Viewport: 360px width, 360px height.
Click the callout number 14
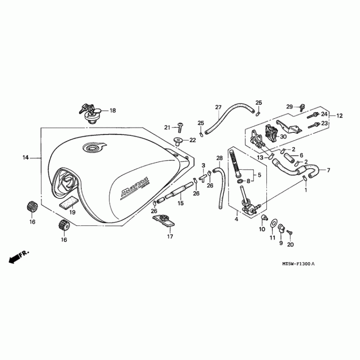click(26, 157)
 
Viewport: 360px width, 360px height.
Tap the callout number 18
click(112, 110)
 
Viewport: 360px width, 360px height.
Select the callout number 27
click(218, 107)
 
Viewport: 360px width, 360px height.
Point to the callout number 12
click(339, 116)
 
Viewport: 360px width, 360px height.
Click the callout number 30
click(283, 136)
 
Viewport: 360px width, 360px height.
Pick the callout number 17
click(170, 236)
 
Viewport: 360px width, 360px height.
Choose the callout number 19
click(72, 212)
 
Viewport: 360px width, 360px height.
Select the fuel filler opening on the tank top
click(93, 148)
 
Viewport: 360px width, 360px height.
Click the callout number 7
click(328, 170)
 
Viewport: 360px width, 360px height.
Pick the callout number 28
click(220, 158)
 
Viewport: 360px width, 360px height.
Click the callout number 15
click(180, 203)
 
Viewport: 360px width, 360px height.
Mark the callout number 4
click(236, 219)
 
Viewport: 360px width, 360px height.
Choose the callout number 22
click(193, 140)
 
